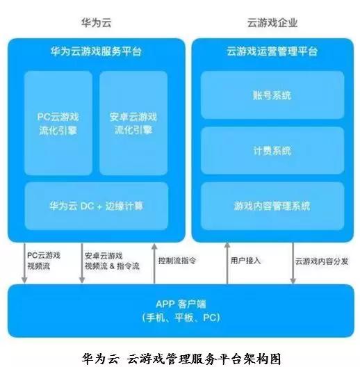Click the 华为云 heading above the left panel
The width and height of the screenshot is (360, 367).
point(96,23)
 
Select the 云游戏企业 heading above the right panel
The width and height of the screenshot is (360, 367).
point(272,23)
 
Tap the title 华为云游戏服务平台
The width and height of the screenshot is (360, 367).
point(96,51)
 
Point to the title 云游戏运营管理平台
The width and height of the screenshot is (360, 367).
point(272,51)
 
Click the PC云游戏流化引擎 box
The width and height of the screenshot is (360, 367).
point(58,123)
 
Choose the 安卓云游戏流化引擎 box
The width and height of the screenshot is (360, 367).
point(133,123)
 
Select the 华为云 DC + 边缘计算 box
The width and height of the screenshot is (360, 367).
point(96,206)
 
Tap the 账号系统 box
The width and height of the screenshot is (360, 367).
point(272,95)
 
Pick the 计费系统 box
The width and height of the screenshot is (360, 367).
point(272,151)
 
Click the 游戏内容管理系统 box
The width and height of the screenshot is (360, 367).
point(272,206)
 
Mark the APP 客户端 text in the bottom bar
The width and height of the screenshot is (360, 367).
point(181,304)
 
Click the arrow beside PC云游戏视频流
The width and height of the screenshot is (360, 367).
point(24,263)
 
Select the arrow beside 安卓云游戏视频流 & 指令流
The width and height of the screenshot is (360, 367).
point(82,263)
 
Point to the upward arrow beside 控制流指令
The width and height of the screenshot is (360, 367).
point(154,263)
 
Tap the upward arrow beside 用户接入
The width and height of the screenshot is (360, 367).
point(227,263)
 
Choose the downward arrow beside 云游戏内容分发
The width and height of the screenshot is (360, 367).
point(293,263)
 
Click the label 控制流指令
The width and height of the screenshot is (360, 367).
point(177,261)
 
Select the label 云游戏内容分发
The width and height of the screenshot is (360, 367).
point(322,261)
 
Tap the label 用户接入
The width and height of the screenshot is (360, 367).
point(245,261)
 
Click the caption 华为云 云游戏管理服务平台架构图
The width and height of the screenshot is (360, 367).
point(181,359)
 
